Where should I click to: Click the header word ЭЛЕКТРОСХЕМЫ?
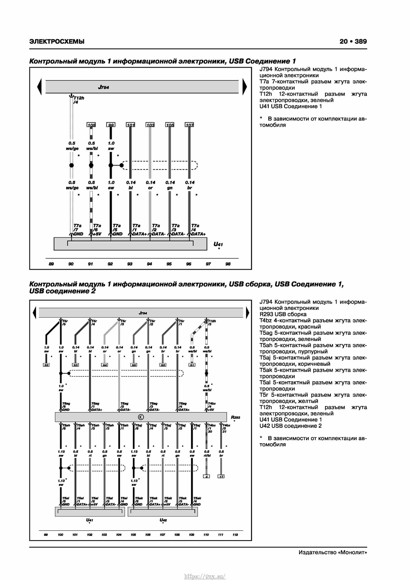click(57, 42)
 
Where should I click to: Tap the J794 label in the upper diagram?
click(104, 87)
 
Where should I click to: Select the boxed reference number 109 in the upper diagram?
click(91, 125)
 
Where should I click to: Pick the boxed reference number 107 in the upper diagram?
click(189, 125)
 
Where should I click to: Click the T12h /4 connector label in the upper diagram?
click(78, 100)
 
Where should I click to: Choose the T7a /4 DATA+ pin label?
click(198, 230)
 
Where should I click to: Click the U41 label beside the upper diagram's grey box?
click(218, 244)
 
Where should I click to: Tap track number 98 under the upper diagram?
click(228, 264)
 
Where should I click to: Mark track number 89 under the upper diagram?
click(51, 264)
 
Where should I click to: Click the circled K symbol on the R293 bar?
click(141, 417)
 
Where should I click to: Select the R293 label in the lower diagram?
click(235, 417)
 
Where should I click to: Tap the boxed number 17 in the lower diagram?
click(221, 476)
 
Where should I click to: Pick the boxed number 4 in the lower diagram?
click(206, 476)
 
